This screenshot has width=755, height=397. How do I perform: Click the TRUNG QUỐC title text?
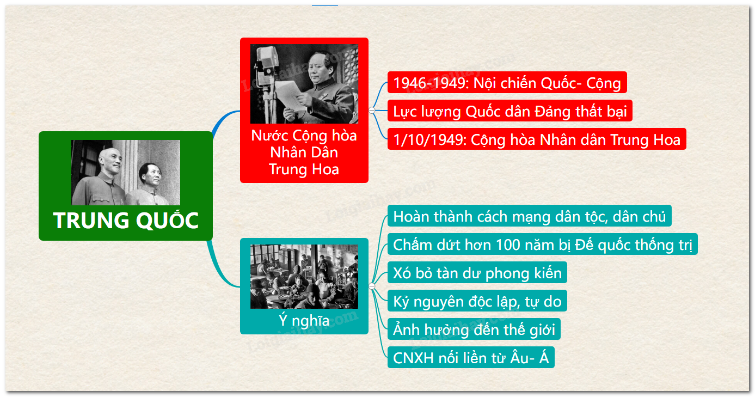[126, 220]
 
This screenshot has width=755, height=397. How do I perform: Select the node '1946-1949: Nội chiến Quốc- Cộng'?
[507, 83]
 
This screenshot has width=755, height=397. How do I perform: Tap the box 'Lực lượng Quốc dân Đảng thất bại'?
[510, 111]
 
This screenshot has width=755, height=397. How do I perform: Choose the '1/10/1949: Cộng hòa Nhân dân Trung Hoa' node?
[537, 139]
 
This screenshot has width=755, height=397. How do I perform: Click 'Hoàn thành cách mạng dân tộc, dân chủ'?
[529, 216]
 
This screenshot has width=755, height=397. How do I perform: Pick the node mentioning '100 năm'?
[542, 244]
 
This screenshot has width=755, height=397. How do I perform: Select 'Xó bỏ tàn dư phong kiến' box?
[477, 272]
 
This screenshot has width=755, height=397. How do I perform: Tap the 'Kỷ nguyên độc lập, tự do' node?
[477, 301]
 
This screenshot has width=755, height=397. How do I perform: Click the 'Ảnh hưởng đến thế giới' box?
[474, 329]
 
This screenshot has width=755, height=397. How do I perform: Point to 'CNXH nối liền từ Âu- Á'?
[471, 358]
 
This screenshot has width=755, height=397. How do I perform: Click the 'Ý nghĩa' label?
[304, 320]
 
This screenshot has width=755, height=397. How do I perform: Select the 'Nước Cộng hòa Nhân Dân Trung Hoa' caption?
[304, 152]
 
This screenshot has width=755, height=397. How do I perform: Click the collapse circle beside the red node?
[372, 111]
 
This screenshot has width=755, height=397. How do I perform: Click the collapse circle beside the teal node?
[372, 286]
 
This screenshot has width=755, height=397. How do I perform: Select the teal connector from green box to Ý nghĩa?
[221, 266]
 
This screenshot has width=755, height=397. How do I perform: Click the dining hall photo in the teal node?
[304, 277]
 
